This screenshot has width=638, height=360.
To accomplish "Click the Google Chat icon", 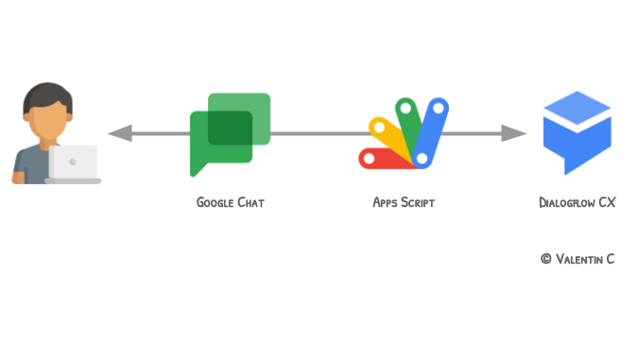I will tap(230, 132).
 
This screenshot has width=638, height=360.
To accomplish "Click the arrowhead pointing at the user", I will tap(119, 133).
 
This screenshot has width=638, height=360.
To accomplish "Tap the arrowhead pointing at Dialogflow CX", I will tap(514, 133).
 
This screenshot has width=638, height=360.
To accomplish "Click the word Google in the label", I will tap(215, 202).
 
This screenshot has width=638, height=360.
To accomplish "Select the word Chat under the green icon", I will tap(250, 202).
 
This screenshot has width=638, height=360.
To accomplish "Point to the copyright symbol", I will tap(545, 259).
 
